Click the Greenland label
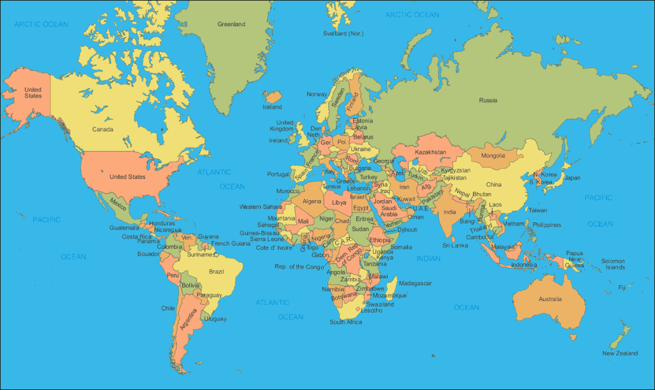pyautogui.click(x=231, y=24)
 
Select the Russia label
pyautogui.click(x=488, y=100)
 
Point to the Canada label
pyautogui.click(x=102, y=129)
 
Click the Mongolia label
pyautogui.click(x=493, y=155)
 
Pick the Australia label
pyautogui.click(x=550, y=299)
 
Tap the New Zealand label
pyautogui.click(x=620, y=354)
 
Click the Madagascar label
pyautogui.click(x=415, y=283)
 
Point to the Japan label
pyautogui.click(x=572, y=178)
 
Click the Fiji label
pyautogui.click(x=622, y=288)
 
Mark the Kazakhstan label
pyautogui.click(x=430, y=152)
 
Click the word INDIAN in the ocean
pyautogui.click(x=428, y=258)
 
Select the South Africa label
pyautogui.click(x=345, y=322)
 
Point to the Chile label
pyautogui.click(x=168, y=308)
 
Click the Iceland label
pyautogui.click(x=272, y=107)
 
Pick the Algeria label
pyautogui.click(x=312, y=201)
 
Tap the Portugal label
pyautogui.click(x=278, y=174)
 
